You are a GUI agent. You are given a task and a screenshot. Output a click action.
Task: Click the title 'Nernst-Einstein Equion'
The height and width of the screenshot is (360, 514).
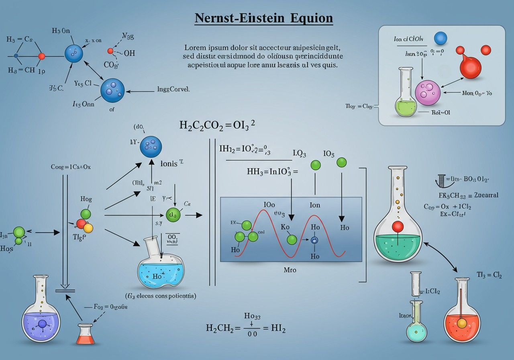pyautogui.click(x=263, y=18)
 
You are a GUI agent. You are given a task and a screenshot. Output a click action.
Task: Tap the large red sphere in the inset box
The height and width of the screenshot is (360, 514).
pyautogui.click(x=469, y=67)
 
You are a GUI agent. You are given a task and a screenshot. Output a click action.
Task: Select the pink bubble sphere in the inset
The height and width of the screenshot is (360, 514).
pyautogui.click(x=428, y=92)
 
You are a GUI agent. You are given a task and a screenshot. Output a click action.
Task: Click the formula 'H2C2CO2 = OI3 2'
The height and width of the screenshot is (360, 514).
pyautogui.click(x=217, y=125)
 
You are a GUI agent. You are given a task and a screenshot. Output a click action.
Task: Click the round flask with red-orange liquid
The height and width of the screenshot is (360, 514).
pyautogui.click(x=462, y=319)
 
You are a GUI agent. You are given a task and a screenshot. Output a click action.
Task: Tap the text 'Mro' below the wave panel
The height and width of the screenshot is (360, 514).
pyautogui.click(x=290, y=270)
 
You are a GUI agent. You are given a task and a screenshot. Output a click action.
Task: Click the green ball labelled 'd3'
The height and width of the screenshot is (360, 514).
pyautogui.click(x=173, y=215)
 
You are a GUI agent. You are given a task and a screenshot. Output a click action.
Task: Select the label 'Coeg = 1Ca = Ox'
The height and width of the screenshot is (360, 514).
pyautogui.click(x=71, y=167)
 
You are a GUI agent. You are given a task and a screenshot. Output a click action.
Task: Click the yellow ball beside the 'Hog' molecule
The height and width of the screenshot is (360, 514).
pyautogui.click(x=88, y=228)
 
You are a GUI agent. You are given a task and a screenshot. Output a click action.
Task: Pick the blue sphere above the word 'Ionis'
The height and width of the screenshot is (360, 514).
pyautogui.click(x=151, y=147)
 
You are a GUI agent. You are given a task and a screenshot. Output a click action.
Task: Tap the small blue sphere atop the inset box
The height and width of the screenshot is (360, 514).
pyautogui.click(x=441, y=39)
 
